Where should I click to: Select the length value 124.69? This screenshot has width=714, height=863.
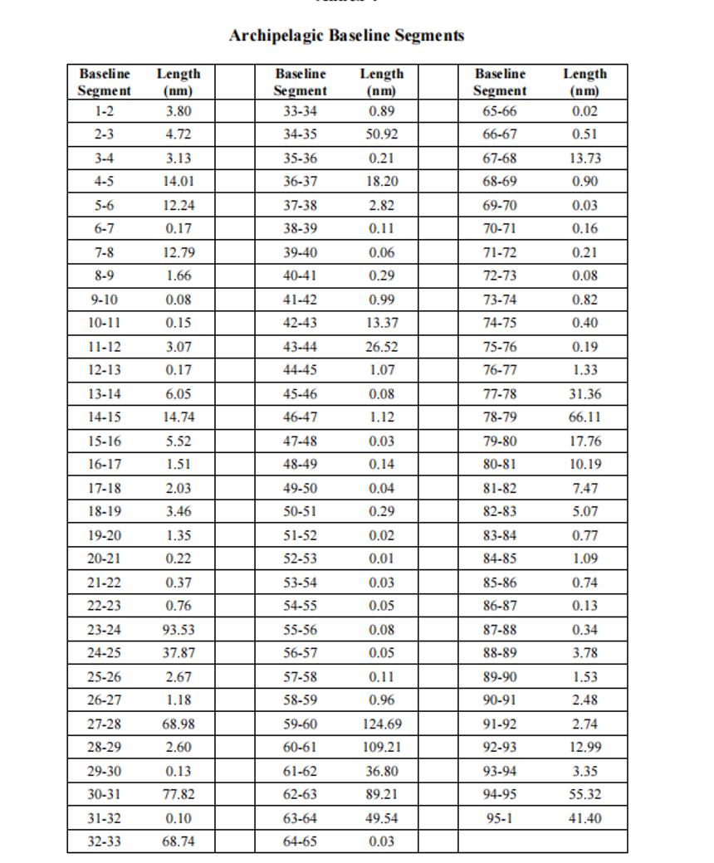pos(382,724)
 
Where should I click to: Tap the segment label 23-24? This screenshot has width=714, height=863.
pos(104,630)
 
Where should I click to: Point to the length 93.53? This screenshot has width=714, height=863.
pos(178,630)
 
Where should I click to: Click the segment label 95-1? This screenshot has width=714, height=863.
pos(500,818)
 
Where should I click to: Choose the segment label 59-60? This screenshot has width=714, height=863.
pos(301,724)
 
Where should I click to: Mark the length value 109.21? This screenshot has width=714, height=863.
pos(382,747)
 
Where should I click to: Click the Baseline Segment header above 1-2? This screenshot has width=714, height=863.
pos(105,82)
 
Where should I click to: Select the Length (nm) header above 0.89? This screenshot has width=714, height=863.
pos(382,82)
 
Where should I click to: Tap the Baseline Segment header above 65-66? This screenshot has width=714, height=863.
pos(500,82)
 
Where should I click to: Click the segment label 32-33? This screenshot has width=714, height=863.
pos(104,841)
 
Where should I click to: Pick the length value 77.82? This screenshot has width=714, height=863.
pos(178,794)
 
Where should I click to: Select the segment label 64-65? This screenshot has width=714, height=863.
pos(301,841)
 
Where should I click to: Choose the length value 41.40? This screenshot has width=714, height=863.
pos(585,818)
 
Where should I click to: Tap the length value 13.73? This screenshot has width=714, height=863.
pos(585,158)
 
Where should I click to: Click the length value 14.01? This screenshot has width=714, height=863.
pos(178,181)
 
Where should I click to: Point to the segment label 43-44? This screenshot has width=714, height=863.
pos(301,347)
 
